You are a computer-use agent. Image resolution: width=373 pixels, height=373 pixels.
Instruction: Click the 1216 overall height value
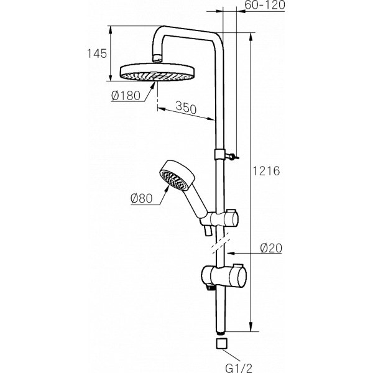click(269, 170)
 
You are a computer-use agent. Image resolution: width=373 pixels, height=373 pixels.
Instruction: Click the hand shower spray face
click(172, 180)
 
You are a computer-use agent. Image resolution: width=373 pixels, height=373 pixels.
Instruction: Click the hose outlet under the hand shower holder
click(206, 232)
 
